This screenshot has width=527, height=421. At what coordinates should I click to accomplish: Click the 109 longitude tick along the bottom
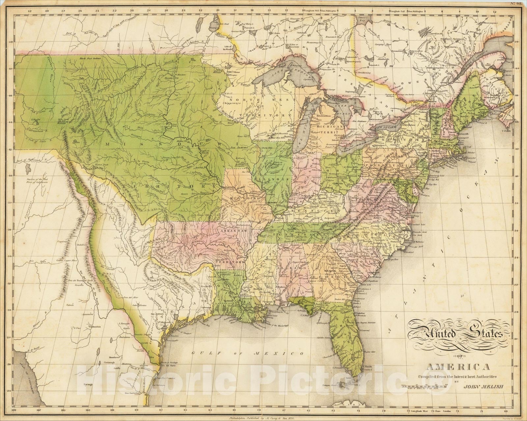[14, 410]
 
